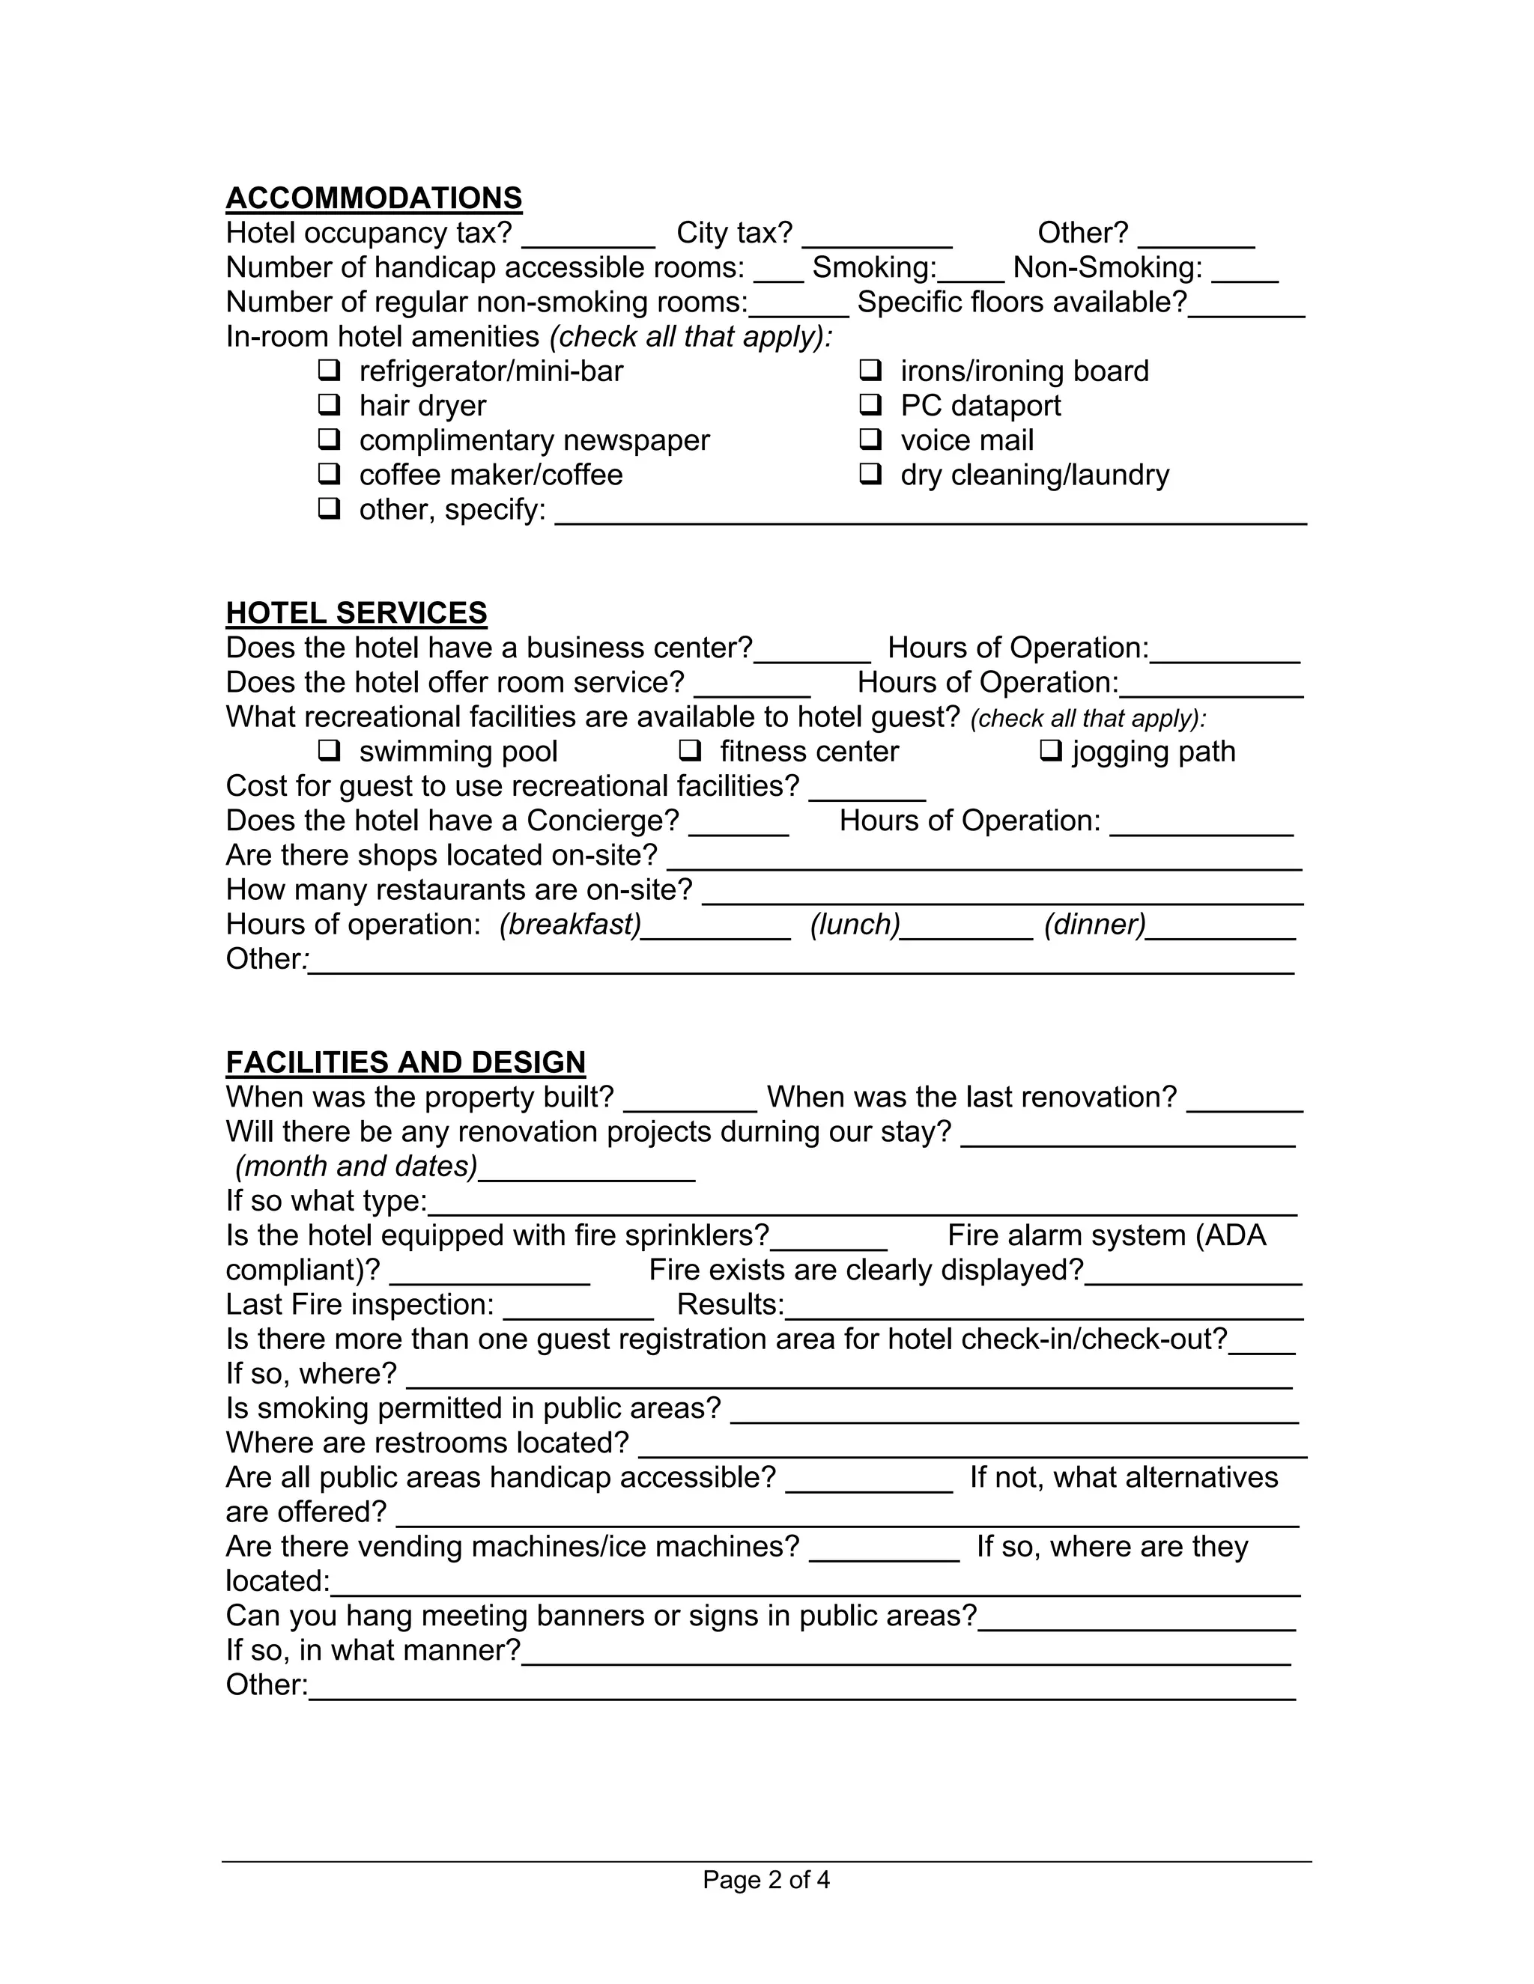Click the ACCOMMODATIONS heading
click(x=374, y=198)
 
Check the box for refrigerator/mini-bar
click(x=329, y=370)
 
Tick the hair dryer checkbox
click(x=329, y=404)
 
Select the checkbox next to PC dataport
click(x=870, y=404)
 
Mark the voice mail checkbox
click(x=870, y=439)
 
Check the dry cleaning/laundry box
click(x=870, y=473)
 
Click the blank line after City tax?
click(x=877, y=238)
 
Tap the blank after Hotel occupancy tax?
click(x=588, y=238)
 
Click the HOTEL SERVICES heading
click(x=357, y=613)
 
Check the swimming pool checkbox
click(x=329, y=750)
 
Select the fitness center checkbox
click(x=690, y=750)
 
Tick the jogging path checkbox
click(x=1051, y=750)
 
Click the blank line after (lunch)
click(x=967, y=930)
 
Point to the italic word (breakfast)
click(x=570, y=924)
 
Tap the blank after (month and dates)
click(x=586, y=1172)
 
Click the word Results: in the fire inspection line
click(x=730, y=1304)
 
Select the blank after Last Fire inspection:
click(x=578, y=1310)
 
